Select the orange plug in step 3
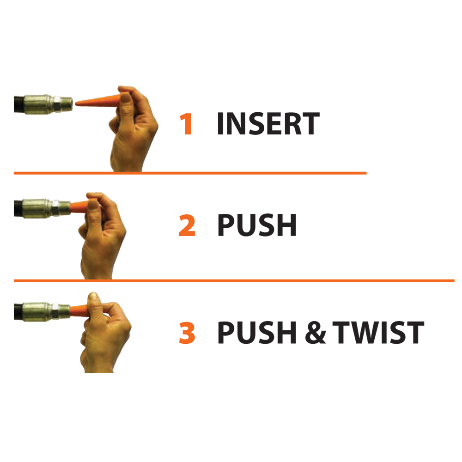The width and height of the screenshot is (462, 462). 79,308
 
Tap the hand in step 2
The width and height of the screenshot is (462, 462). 102,240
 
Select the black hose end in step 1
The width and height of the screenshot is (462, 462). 18,103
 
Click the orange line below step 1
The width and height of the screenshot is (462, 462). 189,173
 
